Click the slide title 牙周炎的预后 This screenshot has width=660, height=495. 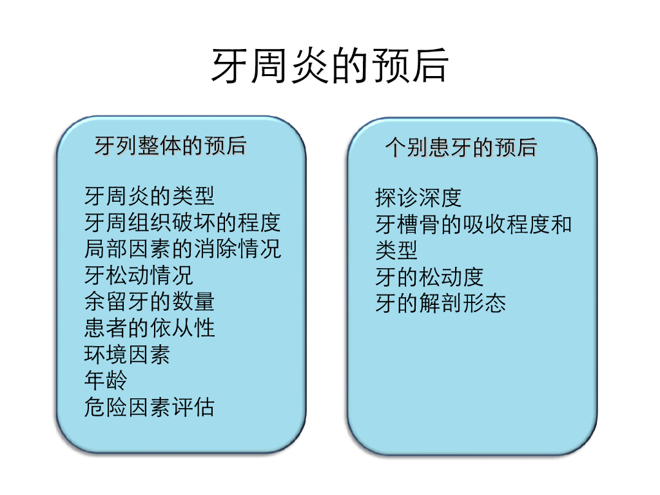point(329,66)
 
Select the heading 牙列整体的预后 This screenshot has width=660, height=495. point(170,146)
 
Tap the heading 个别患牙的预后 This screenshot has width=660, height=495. point(461,147)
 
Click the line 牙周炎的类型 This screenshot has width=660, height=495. point(149,195)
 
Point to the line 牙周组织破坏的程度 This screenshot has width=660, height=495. point(182,222)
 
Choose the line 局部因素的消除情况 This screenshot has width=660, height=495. point(182,249)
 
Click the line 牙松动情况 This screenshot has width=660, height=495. point(138,275)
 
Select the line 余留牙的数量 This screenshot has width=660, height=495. point(149,302)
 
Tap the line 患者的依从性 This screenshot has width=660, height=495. point(149,328)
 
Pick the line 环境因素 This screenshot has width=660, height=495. point(127,354)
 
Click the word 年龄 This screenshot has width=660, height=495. point(105,380)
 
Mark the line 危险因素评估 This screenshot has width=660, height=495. point(149,407)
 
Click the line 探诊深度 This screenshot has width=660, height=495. point(418,197)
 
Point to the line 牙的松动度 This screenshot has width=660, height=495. point(429,277)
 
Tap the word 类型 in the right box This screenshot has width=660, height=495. point(396,250)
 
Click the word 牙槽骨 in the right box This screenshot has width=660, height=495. point(407,224)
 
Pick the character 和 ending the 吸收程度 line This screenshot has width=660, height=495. point(561,224)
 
